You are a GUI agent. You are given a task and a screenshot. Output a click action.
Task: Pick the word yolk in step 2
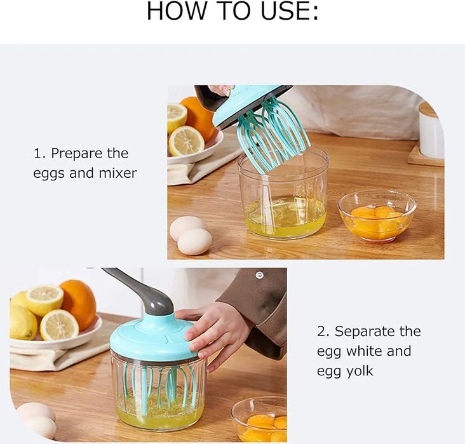pos(360,370)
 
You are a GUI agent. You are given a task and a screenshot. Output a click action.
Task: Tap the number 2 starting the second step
pos(321,331)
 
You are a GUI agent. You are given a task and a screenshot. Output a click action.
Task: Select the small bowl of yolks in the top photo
pos(377,215)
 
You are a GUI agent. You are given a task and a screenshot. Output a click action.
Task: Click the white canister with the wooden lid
pos(431,131)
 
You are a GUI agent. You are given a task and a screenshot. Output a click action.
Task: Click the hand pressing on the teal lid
pos(213,330)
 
